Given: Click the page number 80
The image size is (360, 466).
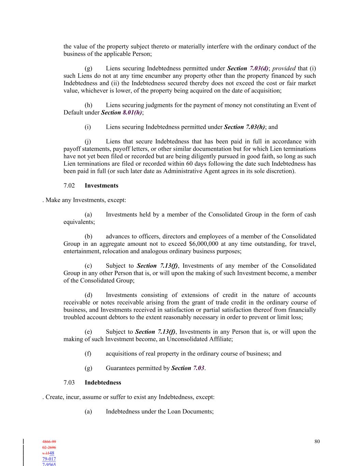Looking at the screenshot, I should pyautogui.click(x=317, y=441).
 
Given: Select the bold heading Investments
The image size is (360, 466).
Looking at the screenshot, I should pyautogui.click(x=101, y=186).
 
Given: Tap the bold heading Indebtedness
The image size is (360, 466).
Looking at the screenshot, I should pyautogui.click(x=103, y=383).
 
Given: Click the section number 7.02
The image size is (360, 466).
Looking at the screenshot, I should pyautogui.click(x=69, y=186).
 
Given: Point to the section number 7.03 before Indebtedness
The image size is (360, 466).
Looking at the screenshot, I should pyautogui.click(x=69, y=383).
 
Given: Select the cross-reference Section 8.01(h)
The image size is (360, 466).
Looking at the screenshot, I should pyautogui.click(x=121, y=113).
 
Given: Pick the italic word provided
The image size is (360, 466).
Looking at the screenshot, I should pyautogui.click(x=284, y=69).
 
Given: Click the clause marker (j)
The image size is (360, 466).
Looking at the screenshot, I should pyautogui.click(x=88, y=142).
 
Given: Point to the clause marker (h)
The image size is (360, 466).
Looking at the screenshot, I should pyautogui.click(x=88, y=105).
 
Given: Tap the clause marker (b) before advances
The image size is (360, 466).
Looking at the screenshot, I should pyautogui.click(x=88, y=237).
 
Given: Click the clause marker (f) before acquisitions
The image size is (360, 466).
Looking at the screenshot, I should pyautogui.click(x=88, y=354).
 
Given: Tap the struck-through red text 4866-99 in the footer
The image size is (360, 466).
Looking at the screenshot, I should pyautogui.click(x=49, y=442).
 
